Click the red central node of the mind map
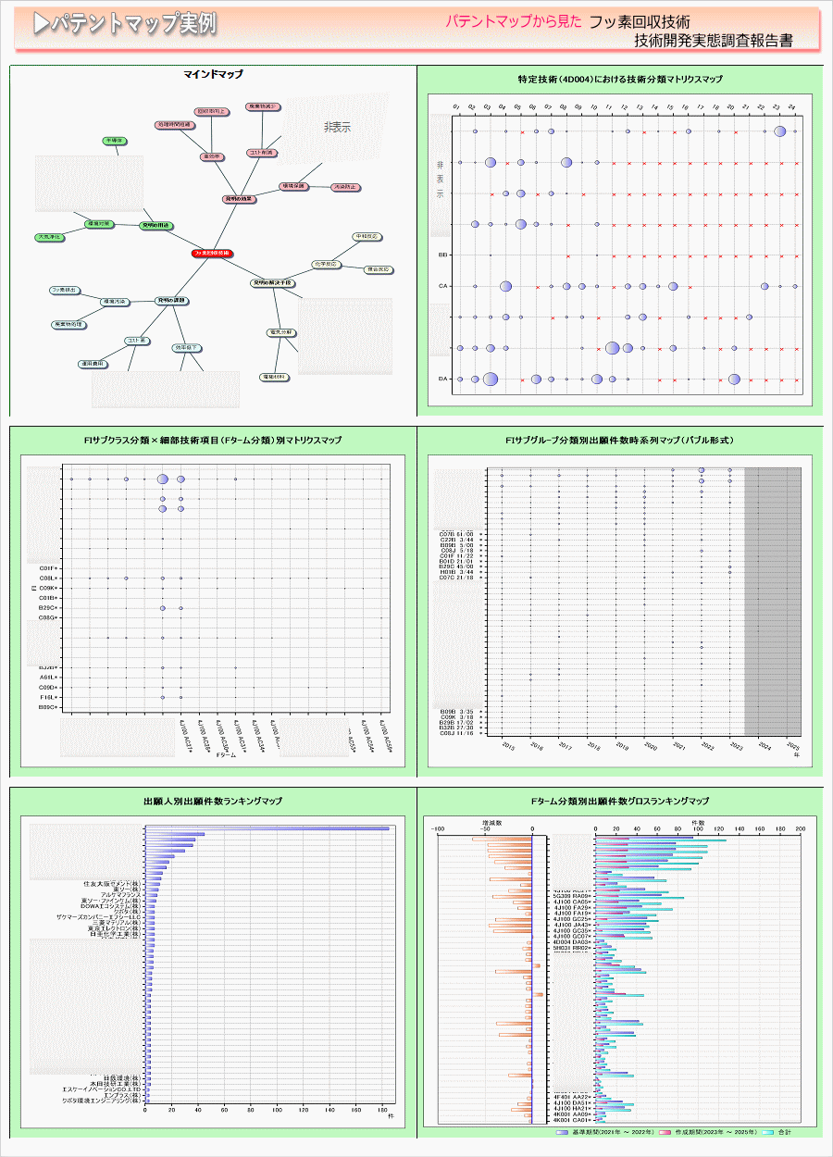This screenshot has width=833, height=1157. coord(212,253)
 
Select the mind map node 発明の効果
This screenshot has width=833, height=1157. coord(239,199)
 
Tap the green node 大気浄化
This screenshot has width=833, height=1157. coord(49,238)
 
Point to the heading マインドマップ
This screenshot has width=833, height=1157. coord(213,74)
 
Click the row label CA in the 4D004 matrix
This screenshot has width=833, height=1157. coord(443,286)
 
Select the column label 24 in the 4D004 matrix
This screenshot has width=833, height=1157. coord(792,108)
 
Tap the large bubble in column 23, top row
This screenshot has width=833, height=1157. coord(780,131)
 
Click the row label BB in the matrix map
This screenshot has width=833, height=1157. coord(443,255)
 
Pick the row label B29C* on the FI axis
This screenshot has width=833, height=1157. coord(49,608)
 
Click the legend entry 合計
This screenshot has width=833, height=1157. coord(784,1132)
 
